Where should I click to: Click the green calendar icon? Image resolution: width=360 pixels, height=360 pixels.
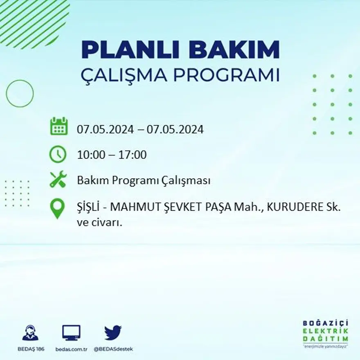tap(59, 126)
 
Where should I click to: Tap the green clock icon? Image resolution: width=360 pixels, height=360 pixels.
tap(58, 154)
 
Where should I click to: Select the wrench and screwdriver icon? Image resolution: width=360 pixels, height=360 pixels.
tap(58, 180)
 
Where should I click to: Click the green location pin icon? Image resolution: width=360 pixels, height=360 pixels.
tap(58, 208)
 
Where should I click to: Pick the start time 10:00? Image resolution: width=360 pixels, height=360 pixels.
tap(90, 155)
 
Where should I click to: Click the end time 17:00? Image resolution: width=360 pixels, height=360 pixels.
tap(133, 155)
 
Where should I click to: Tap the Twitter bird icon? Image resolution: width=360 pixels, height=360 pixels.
tap(113, 333)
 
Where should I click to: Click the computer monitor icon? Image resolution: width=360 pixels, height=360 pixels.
tap(71, 333)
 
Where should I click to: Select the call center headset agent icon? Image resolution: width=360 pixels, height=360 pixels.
tap(30, 333)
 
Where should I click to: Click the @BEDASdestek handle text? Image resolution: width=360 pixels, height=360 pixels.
tap(113, 349)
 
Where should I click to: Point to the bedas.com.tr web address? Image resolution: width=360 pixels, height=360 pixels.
tap(71, 349)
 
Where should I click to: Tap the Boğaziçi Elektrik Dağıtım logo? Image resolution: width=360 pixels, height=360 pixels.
tap(326, 333)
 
